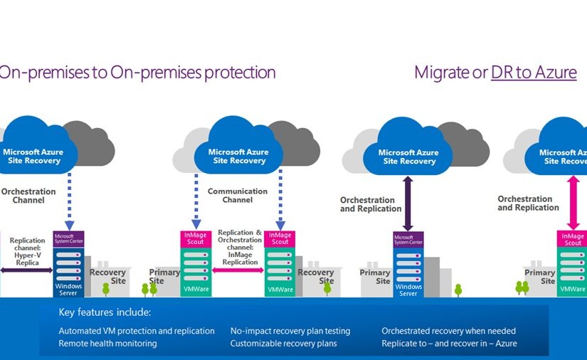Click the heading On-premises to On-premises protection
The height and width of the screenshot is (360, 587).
[137, 73]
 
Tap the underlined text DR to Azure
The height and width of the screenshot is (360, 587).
[534, 73]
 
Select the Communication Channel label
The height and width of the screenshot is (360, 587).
[238, 196]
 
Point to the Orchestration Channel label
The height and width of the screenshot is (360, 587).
[28, 196]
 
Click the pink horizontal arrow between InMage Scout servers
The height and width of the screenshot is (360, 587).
[238, 270]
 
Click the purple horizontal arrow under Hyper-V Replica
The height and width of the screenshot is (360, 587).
[27, 270]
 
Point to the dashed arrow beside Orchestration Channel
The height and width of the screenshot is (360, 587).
[69, 200]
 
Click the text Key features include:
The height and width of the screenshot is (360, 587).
[105, 312]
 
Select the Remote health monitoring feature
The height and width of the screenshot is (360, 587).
[107, 344]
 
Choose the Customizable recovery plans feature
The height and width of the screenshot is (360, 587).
[283, 344]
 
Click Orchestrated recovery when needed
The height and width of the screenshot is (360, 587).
[448, 331]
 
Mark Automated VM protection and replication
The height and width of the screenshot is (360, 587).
[136, 331]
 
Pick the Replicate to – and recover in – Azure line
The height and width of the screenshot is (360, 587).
[449, 344]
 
